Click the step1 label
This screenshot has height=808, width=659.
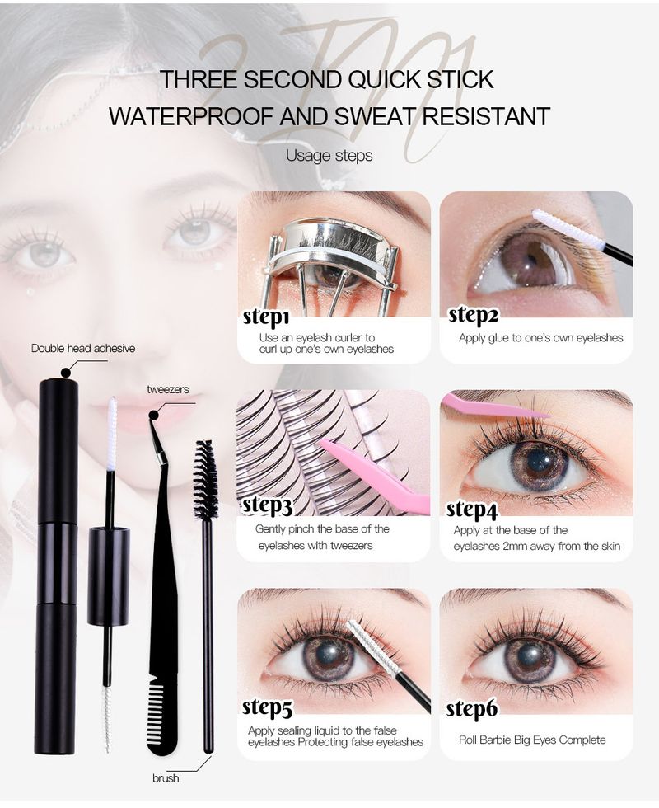(266, 318)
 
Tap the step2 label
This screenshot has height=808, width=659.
(473, 315)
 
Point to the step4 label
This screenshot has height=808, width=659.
(471, 510)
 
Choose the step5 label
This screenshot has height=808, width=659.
(267, 708)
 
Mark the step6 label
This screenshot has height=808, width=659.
(471, 710)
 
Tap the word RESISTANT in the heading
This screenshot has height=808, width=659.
(487, 116)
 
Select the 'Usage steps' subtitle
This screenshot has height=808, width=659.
(329, 155)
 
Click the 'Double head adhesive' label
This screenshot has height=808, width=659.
(83, 348)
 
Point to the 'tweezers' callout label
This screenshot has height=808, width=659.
(168, 389)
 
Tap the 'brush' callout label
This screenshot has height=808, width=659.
(166, 777)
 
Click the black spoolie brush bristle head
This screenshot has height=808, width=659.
(205, 480)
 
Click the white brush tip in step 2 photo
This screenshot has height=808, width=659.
(556, 224)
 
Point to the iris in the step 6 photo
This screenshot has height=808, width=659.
(529, 659)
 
